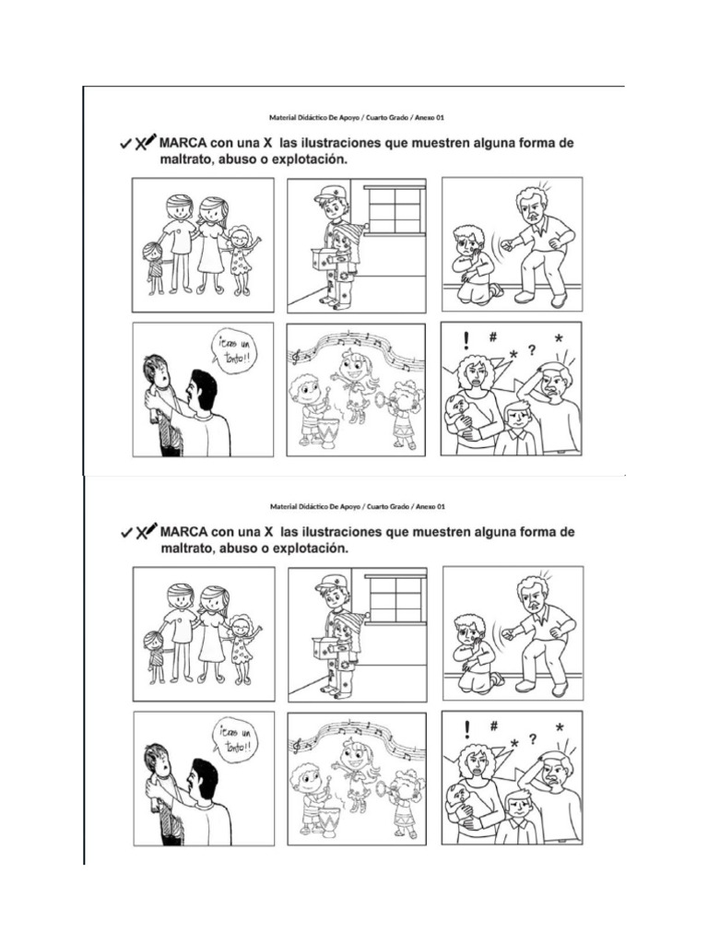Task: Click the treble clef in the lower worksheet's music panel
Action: click(x=296, y=743)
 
